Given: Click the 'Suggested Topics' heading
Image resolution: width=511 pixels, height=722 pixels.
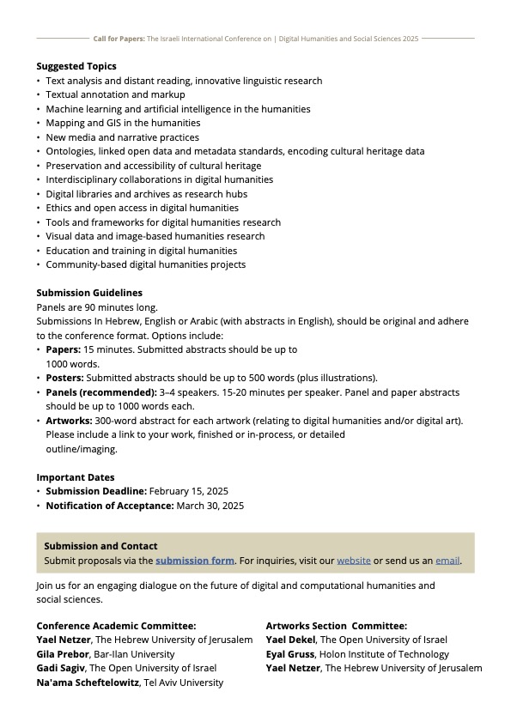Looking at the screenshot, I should click(x=76, y=66).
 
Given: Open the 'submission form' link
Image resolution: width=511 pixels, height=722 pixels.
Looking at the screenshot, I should click(x=195, y=561).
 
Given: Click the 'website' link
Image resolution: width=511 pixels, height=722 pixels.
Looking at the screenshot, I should click(x=354, y=561).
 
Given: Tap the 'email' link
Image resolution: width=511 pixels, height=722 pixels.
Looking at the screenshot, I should click(x=447, y=561).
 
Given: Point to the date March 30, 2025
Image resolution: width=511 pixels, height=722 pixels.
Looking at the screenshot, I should click(x=210, y=506).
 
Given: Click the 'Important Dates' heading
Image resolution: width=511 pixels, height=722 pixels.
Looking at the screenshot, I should click(x=76, y=477).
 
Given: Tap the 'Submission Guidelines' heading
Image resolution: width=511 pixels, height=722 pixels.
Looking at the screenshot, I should click(x=89, y=293).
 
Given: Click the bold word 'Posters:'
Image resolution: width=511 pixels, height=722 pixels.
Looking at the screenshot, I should click(x=64, y=378).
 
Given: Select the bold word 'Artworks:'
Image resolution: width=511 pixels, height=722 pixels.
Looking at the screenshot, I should click(x=69, y=421).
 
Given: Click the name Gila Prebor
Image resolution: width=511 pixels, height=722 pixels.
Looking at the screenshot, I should click(x=64, y=654).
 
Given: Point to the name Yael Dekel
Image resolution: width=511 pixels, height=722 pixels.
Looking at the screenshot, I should click(x=291, y=640).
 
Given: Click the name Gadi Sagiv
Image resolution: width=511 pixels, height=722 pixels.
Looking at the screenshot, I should click(x=62, y=668).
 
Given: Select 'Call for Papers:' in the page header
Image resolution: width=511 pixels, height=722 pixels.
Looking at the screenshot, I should click(x=119, y=39).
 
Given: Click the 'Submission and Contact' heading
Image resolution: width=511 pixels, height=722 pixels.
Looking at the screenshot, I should click(x=101, y=546).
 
